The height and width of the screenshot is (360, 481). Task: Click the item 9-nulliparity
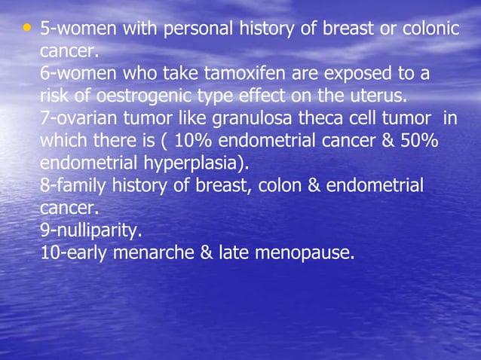click(90, 230)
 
